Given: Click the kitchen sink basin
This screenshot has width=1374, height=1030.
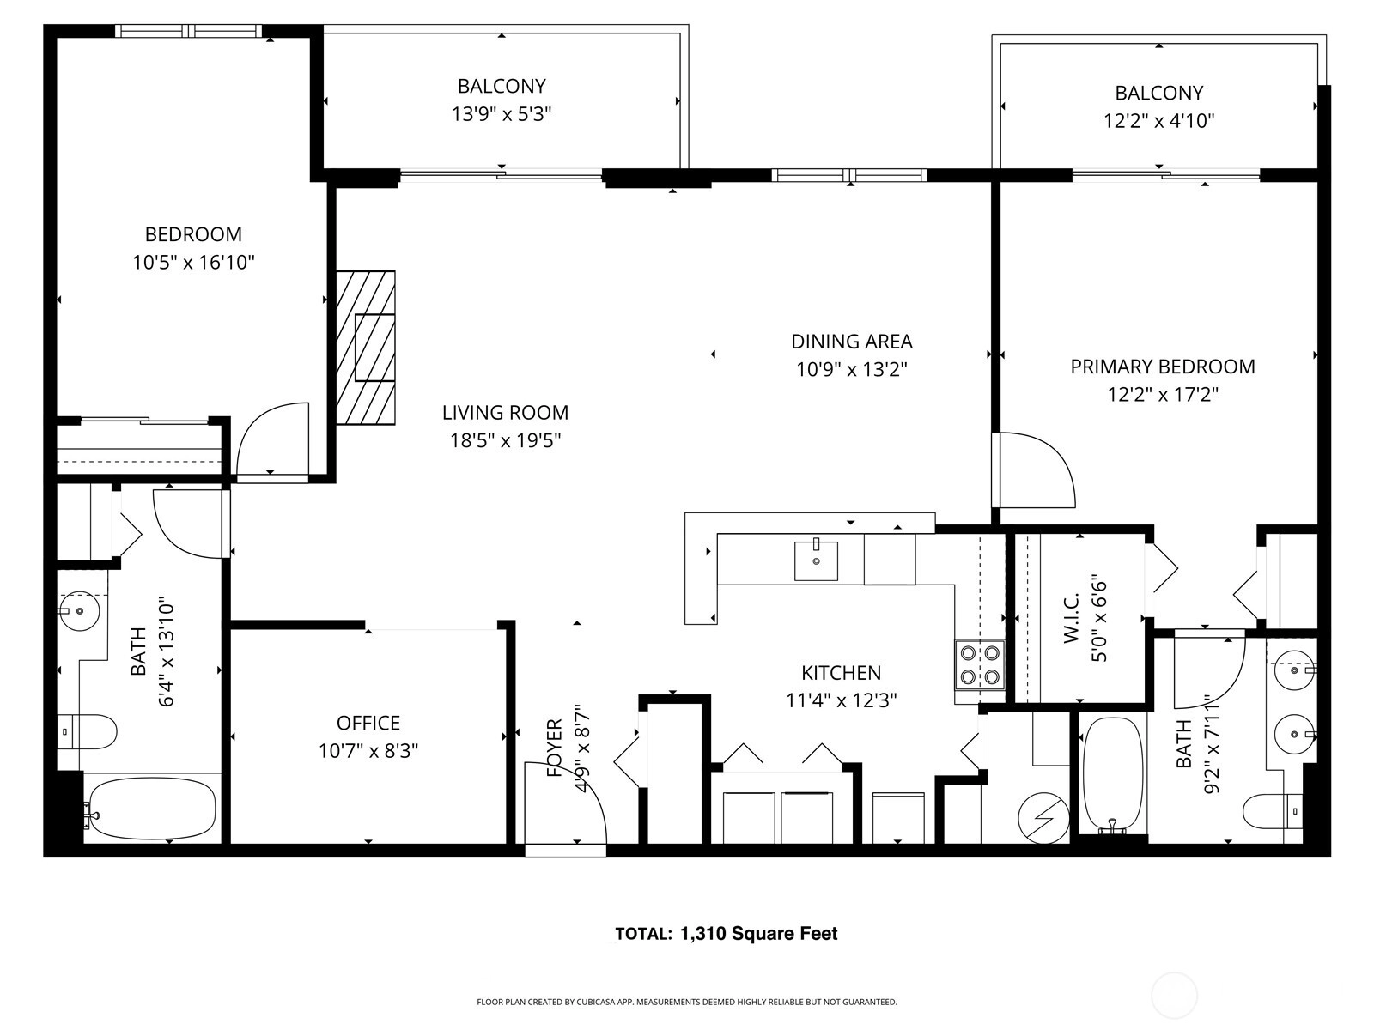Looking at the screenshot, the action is click(x=816, y=561).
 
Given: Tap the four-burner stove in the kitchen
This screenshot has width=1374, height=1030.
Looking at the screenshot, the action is click(x=980, y=664).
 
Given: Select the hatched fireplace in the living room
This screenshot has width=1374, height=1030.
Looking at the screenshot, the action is click(x=366, y=348).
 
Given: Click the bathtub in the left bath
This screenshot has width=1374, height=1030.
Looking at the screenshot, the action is click(x=152, y=809).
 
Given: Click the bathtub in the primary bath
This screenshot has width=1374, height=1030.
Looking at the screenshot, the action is click(x=1113, y=775).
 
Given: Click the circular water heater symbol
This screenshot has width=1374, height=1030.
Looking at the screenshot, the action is click(x=1043, y=818).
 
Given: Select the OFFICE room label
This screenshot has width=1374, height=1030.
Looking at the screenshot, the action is click(x=368, y=723).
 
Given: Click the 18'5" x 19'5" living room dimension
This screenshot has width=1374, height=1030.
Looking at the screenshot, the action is click(x=505, y=441).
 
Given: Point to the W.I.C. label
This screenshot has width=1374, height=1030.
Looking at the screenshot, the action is click(x=1071, y=618).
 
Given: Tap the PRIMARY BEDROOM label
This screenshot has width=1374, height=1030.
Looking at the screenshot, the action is click(x=1163, y=367).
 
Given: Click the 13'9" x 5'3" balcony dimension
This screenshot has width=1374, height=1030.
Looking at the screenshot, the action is click(x=502, y=114).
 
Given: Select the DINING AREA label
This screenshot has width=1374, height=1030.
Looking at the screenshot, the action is click(x=851, y=342).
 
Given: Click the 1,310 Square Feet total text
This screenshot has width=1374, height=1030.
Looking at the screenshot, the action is click(x=758, y=934).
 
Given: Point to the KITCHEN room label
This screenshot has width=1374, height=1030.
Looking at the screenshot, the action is click(x=842, y=673).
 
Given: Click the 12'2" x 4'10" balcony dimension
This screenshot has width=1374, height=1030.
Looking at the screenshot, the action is click(x=1158, y=121).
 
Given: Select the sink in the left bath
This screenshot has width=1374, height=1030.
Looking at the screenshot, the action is click(x=80, y=610).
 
